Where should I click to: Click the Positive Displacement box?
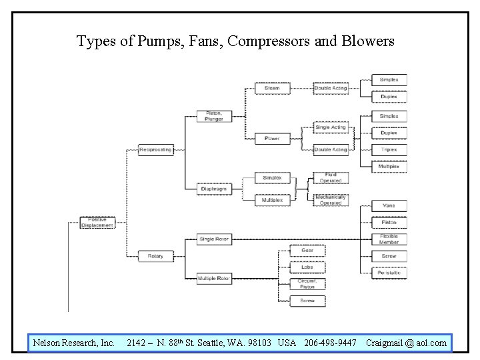[97, 223]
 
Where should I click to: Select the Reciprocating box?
[155, 149]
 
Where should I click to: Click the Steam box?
[271, 88]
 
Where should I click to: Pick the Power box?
[271, 139]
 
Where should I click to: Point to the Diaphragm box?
[213, 189]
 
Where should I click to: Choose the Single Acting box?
[331, 127]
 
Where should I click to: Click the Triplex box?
[389, 149]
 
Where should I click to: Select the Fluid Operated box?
[331, 177]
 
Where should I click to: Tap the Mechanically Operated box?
[331, 200]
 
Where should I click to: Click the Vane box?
[389, 206]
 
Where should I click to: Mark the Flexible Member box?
[389, 239]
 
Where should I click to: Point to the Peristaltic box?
[389, 272]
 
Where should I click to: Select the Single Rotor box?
[213, 239]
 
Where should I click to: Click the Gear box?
[307, 251]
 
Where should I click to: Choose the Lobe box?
[307, 267]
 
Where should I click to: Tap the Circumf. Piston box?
[307, 284]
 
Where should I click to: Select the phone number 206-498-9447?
[329, 343]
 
